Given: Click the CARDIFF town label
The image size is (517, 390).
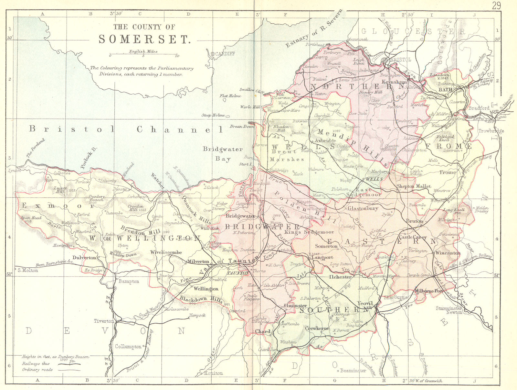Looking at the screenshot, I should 225,54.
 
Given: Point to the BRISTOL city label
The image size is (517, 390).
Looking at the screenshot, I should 400,60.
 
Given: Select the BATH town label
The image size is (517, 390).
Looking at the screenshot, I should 445,90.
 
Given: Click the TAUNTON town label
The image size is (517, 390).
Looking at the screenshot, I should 238,273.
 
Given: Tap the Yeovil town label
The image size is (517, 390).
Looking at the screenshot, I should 365,304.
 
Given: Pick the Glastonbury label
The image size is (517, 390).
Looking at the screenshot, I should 363,208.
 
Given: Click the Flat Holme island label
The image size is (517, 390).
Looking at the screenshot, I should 230,96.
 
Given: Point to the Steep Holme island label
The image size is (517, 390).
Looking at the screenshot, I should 213,115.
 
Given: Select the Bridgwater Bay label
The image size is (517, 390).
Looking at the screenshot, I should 223,154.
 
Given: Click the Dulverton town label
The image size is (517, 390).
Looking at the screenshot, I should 84,258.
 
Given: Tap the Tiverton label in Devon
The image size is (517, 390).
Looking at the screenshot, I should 104,321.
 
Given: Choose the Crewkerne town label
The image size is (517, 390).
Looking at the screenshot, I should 317,328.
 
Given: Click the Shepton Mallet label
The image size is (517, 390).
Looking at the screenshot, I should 414,186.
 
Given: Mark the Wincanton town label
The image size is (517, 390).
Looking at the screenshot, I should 448,253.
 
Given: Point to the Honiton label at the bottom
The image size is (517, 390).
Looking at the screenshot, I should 213,373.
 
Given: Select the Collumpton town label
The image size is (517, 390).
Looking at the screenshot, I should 128,347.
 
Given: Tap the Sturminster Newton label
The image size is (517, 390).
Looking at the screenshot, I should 449,310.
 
